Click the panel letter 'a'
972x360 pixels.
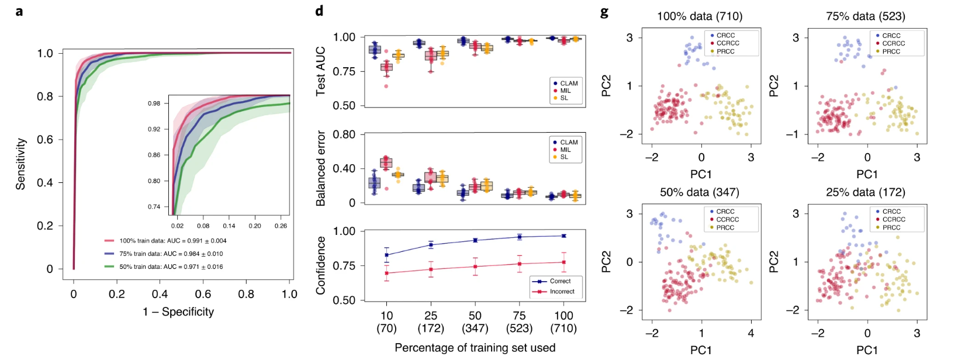click(19, 11)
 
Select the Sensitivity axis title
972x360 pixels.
click(21, 164)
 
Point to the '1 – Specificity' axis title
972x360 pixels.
click(178, 312)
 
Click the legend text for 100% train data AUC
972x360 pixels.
click(172, 241)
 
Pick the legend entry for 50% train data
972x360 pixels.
click(171, 266)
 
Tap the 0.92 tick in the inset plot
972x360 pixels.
click(154, 129)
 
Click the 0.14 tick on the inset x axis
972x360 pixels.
click(229, 226)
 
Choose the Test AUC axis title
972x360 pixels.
click(320, 71)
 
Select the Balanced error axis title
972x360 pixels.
click(320, 168)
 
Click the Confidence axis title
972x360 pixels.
click(320, 265)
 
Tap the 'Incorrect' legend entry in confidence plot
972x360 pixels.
click(562, 291)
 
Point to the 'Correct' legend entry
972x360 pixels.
click(560, 281)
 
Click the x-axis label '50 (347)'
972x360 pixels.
click(475, 322)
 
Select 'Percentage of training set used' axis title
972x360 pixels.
click(475, 348)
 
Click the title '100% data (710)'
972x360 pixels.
click(700, 16)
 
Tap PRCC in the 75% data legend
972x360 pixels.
click(891, 51)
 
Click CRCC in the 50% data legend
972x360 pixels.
click(725, 212)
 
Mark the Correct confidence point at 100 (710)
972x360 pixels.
click(563, 236)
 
